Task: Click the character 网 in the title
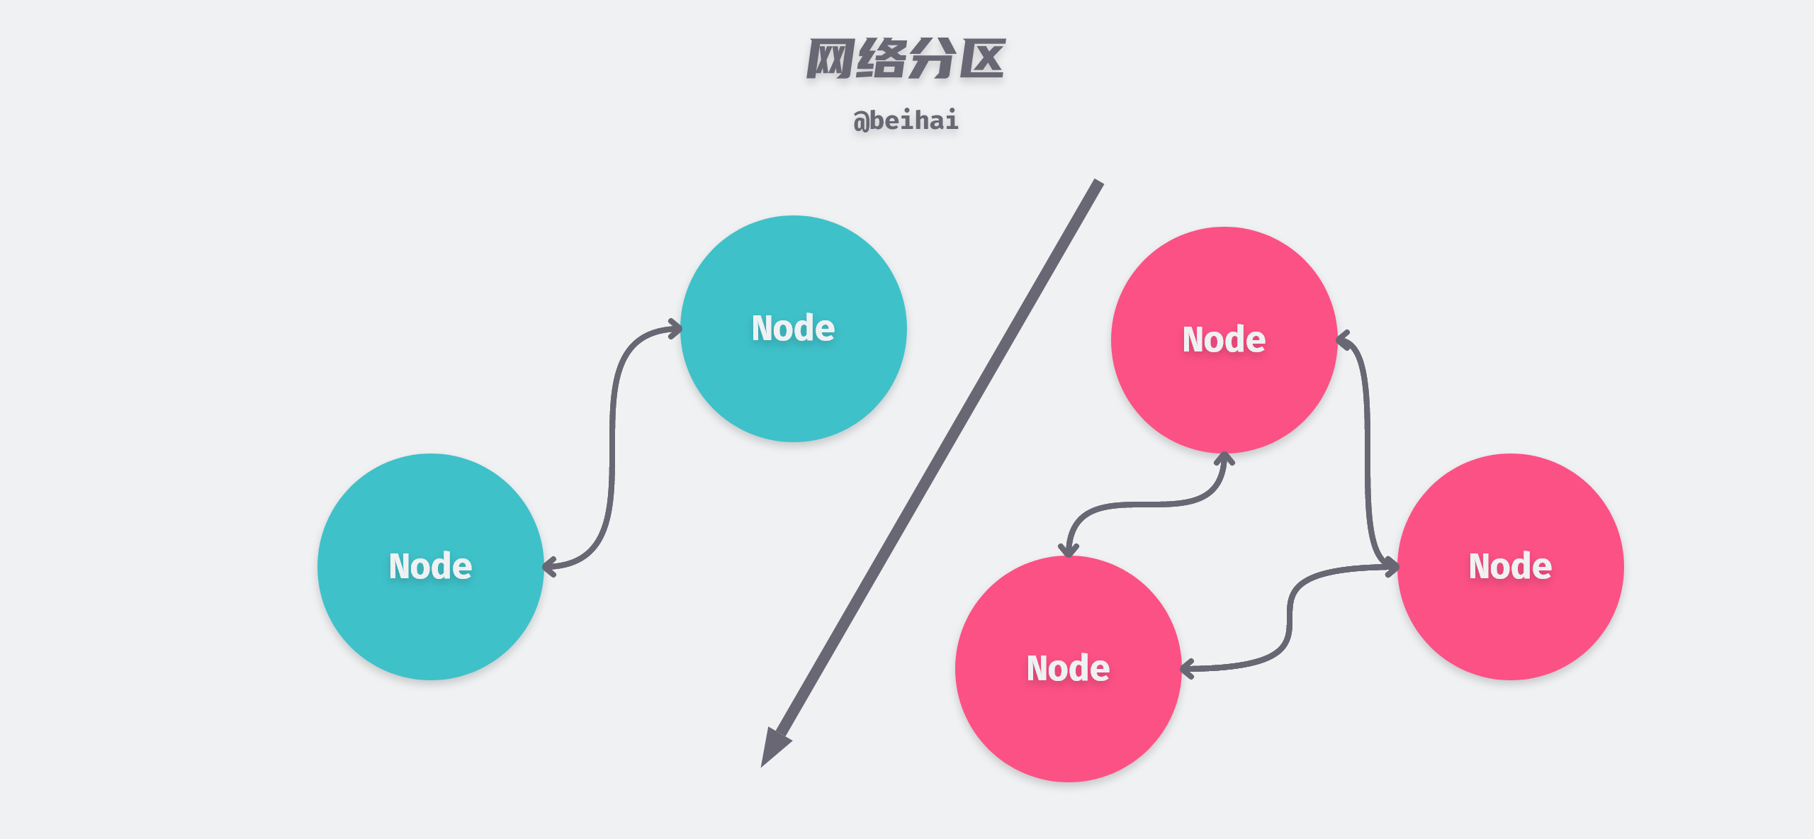830,59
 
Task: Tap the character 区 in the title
982,59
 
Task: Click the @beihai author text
906,120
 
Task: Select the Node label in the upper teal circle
793,328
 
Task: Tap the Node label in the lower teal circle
430,566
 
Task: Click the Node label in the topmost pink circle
1224,339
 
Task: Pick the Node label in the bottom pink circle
1068,668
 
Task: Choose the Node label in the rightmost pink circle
1510,566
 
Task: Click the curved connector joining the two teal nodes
612,446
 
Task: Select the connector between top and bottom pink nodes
1148,505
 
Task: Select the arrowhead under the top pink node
1224,459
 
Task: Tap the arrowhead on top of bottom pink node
1068,549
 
